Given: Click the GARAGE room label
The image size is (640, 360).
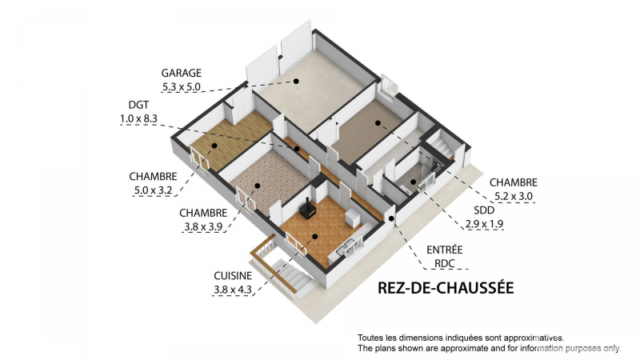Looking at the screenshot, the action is click(x=182, y=73).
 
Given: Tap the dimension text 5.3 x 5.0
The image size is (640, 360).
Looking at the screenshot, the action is click(x=182, y=87).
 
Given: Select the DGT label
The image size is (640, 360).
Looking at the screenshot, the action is click(x=138, y=105).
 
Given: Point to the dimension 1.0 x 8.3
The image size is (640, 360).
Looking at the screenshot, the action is click(x=138, y=118).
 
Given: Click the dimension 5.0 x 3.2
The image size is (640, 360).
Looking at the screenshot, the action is click(x=153, y=190).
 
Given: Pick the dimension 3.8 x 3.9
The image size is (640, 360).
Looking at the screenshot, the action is click(x=203, y=226).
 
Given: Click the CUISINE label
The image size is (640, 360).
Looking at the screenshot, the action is click(x=233, y=276).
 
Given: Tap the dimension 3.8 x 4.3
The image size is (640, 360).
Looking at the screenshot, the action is click(x=233, y=290).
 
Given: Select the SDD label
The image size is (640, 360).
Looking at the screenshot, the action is click(x=484, y=210).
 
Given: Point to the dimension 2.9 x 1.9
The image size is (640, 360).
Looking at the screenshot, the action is click(x=484, y=224).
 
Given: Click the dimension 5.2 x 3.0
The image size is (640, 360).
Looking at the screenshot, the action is click(x=514, y=196).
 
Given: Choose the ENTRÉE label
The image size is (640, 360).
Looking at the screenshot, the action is click(x=445, y=250).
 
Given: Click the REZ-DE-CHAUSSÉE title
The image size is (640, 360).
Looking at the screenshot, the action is click(x=446, y=288).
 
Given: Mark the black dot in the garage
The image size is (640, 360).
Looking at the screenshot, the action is click(x=296, y=82).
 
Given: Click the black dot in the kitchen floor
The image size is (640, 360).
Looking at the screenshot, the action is click(x=314, y=236).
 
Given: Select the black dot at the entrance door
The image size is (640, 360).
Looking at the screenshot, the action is click(x=391, y=218).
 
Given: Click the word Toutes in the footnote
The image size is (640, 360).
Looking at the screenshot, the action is click(x=370, y=338).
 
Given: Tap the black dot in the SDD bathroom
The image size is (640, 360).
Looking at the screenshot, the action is click(x=413, y=182).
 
